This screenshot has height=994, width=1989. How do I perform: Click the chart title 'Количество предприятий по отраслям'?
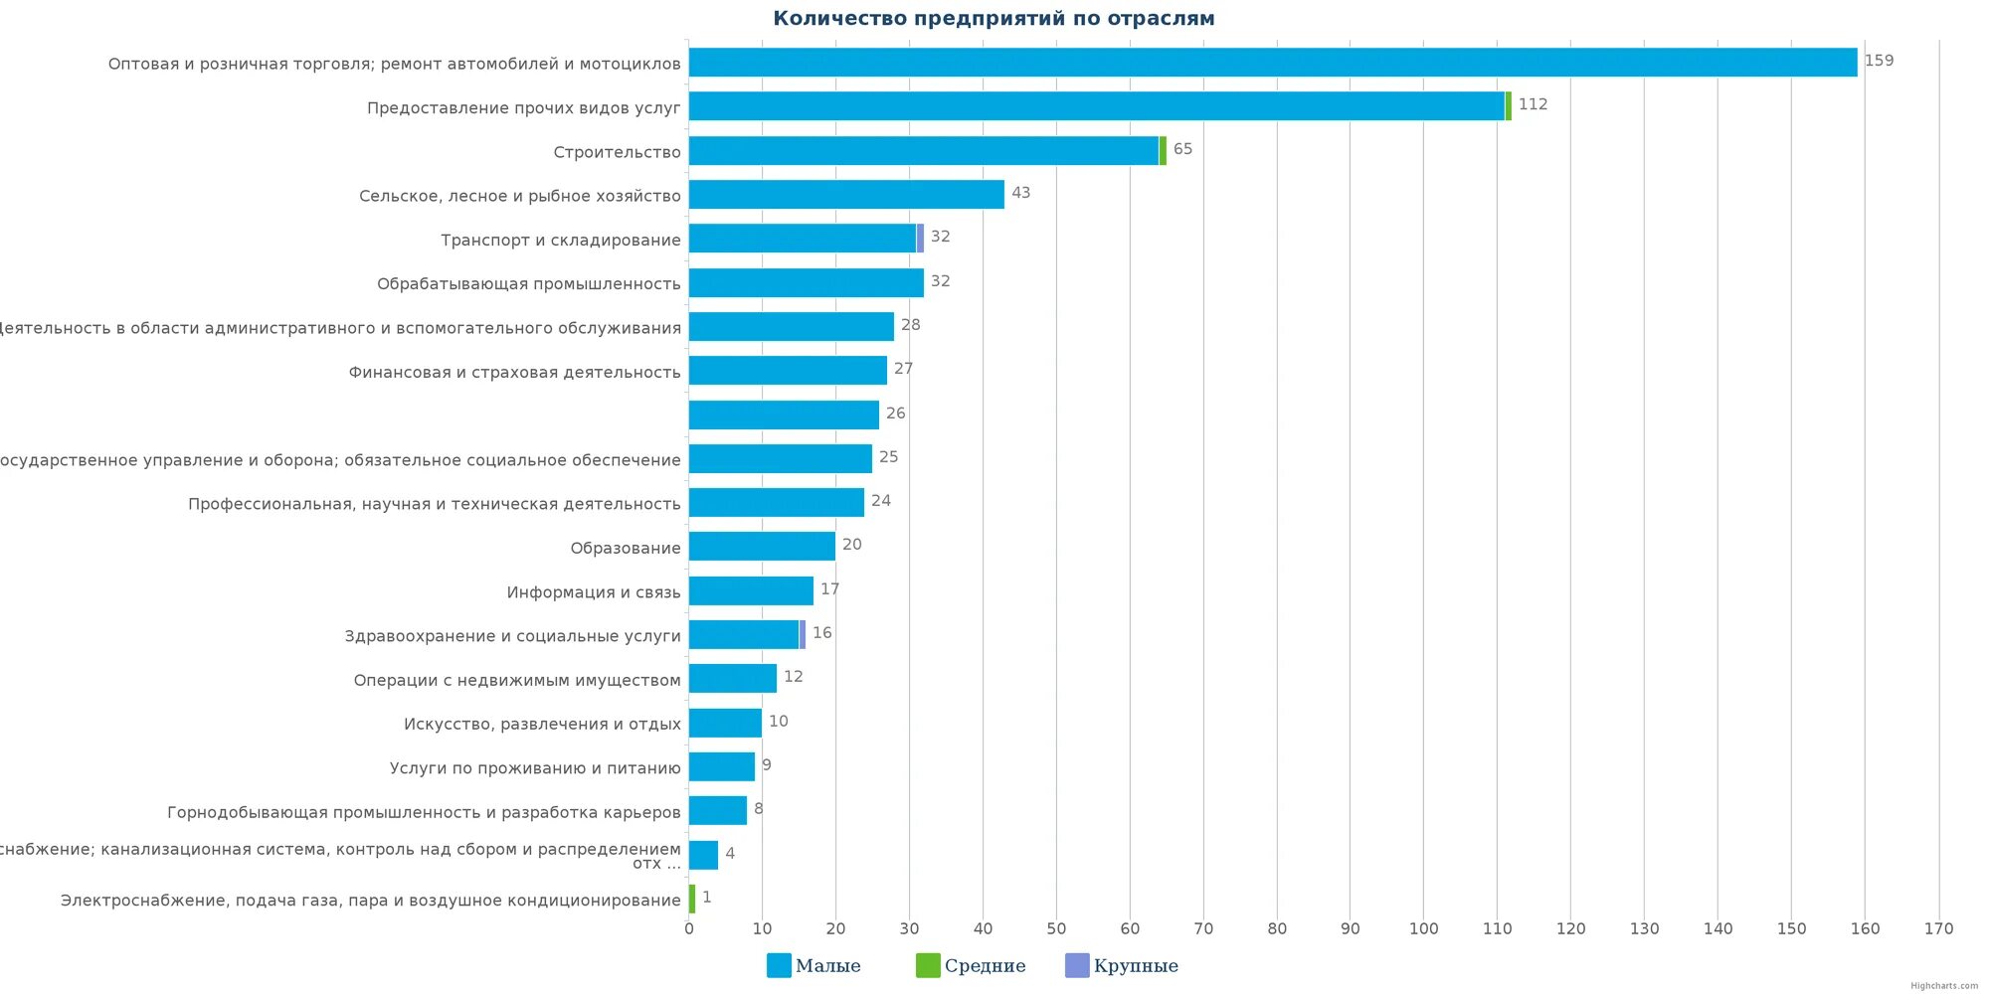tap(994, 19)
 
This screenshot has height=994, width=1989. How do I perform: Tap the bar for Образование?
tap(762, 547)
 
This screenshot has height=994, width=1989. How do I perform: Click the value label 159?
tap(1879, 61)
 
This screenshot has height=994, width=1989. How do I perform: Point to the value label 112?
tap(1533, 104)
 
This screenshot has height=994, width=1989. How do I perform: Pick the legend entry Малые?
tap(814, 965)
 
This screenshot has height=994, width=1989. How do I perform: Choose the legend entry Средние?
tap(970, 965)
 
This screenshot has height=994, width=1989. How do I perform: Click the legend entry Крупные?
tap(1121, 965)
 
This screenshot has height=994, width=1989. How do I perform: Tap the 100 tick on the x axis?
tap(1423, 928)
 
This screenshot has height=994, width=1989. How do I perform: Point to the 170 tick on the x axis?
tap(1938, 928)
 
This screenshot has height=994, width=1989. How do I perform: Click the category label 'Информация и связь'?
tap(594, 592)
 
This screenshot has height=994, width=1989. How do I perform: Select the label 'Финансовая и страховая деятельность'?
tap(514, 373)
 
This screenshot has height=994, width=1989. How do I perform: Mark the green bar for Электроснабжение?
tap(692, 899)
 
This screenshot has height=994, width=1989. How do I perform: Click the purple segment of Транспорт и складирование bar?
tap(920, 239)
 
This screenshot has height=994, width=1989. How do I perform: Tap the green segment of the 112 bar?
tap(1508, 106)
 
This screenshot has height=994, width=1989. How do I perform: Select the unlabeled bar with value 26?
tap(784, 414)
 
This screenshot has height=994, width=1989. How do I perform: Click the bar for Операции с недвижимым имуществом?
tap(732, 679)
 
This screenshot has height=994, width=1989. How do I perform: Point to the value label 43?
tap(1020, 193)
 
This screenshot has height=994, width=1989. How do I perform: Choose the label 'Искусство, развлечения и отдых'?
tap(542, 725)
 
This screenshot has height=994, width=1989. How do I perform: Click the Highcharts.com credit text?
tap(1943, 986)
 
